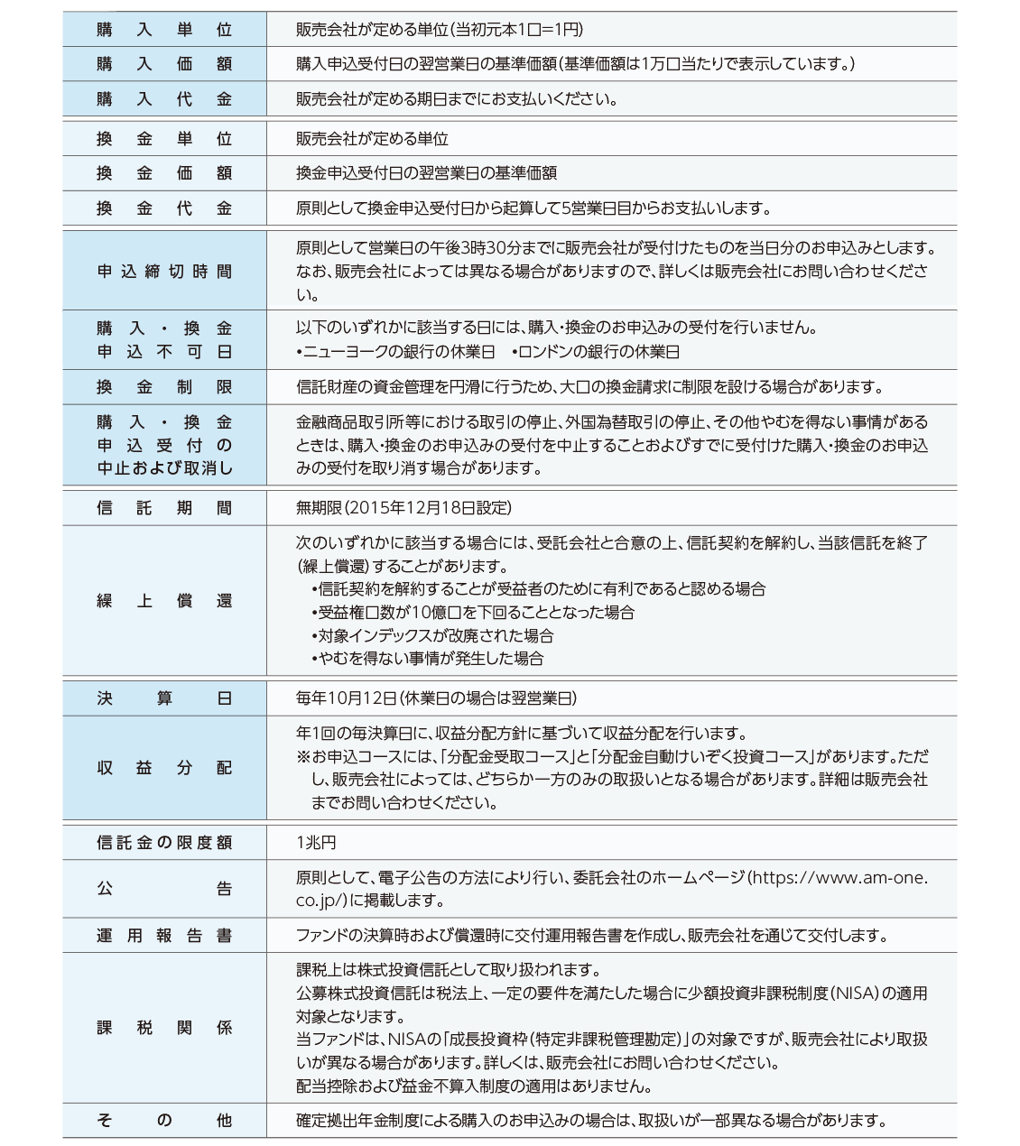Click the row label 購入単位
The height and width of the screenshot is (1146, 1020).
pyautogui.click(x=164, y=30)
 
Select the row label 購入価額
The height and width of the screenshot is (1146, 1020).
pyautogui.click(x=164, y=64)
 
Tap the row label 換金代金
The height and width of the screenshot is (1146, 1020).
pyautogui.click(x=164, y=208)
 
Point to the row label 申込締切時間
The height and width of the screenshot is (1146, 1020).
pyautogui.click(x=164, y=272)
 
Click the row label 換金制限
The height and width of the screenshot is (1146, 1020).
pyautogui.click(x=164, y=387)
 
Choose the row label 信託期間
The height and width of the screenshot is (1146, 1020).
pyautogui.click(x=164, y=508)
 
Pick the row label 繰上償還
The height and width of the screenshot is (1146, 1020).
pyautogui.click(x=164, y=601)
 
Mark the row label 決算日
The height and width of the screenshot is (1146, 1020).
pyautogui.click(x=164, y=698)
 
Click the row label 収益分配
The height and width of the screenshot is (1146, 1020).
pyautogui.click(x=164, y=768)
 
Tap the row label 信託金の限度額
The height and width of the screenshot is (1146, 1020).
pyautogui.click(x=164, y=843)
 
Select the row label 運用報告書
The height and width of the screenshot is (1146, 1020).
pyautogui.click(x=164, y=936)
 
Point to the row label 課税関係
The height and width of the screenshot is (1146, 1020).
pyautogui.click(x=164, y=1028)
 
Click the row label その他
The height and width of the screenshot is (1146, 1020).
pyautogui.click(x=164, y=1121)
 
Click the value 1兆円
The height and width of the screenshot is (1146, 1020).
pyautogui.click(x=316, y=843)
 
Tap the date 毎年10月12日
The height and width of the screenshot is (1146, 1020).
pyautogui.click(x=347, y=698)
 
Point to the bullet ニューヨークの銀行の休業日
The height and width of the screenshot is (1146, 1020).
pyautogui.click(x=398, y=352)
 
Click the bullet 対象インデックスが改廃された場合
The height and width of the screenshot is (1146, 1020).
pyautogui.click(x=435, y=635)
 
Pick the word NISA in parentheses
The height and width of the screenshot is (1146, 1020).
pyautogui.click(x=852, y=994)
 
